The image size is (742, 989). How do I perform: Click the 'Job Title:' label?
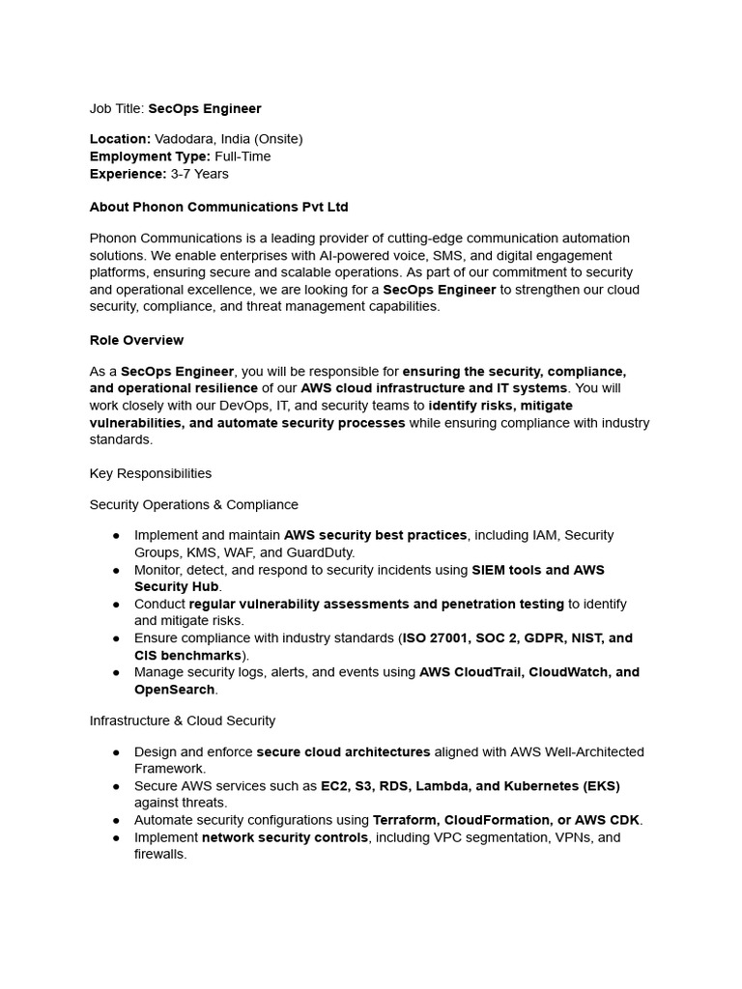point(117,108)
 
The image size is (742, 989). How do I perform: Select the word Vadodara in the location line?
point(184,139)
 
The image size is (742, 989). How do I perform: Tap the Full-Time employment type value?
point(243,156)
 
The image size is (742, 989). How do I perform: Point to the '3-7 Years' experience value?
point(199,174)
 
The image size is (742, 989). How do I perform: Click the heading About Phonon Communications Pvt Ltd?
point(218,207)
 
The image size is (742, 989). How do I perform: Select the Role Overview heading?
point(136,340)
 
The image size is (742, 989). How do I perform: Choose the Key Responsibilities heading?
point(150,473)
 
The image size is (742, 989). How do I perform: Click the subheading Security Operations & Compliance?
point(193,504)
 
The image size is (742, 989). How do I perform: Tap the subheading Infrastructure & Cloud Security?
point(182,721)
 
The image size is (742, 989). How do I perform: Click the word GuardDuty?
point(321,552)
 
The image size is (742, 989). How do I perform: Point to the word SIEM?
point(490,570)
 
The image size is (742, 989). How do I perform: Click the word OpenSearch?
point(174,690)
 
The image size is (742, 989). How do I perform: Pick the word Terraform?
point(405,820)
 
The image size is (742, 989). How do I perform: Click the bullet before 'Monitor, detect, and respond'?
point(116,570)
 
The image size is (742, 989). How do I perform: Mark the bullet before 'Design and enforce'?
point(116,751)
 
